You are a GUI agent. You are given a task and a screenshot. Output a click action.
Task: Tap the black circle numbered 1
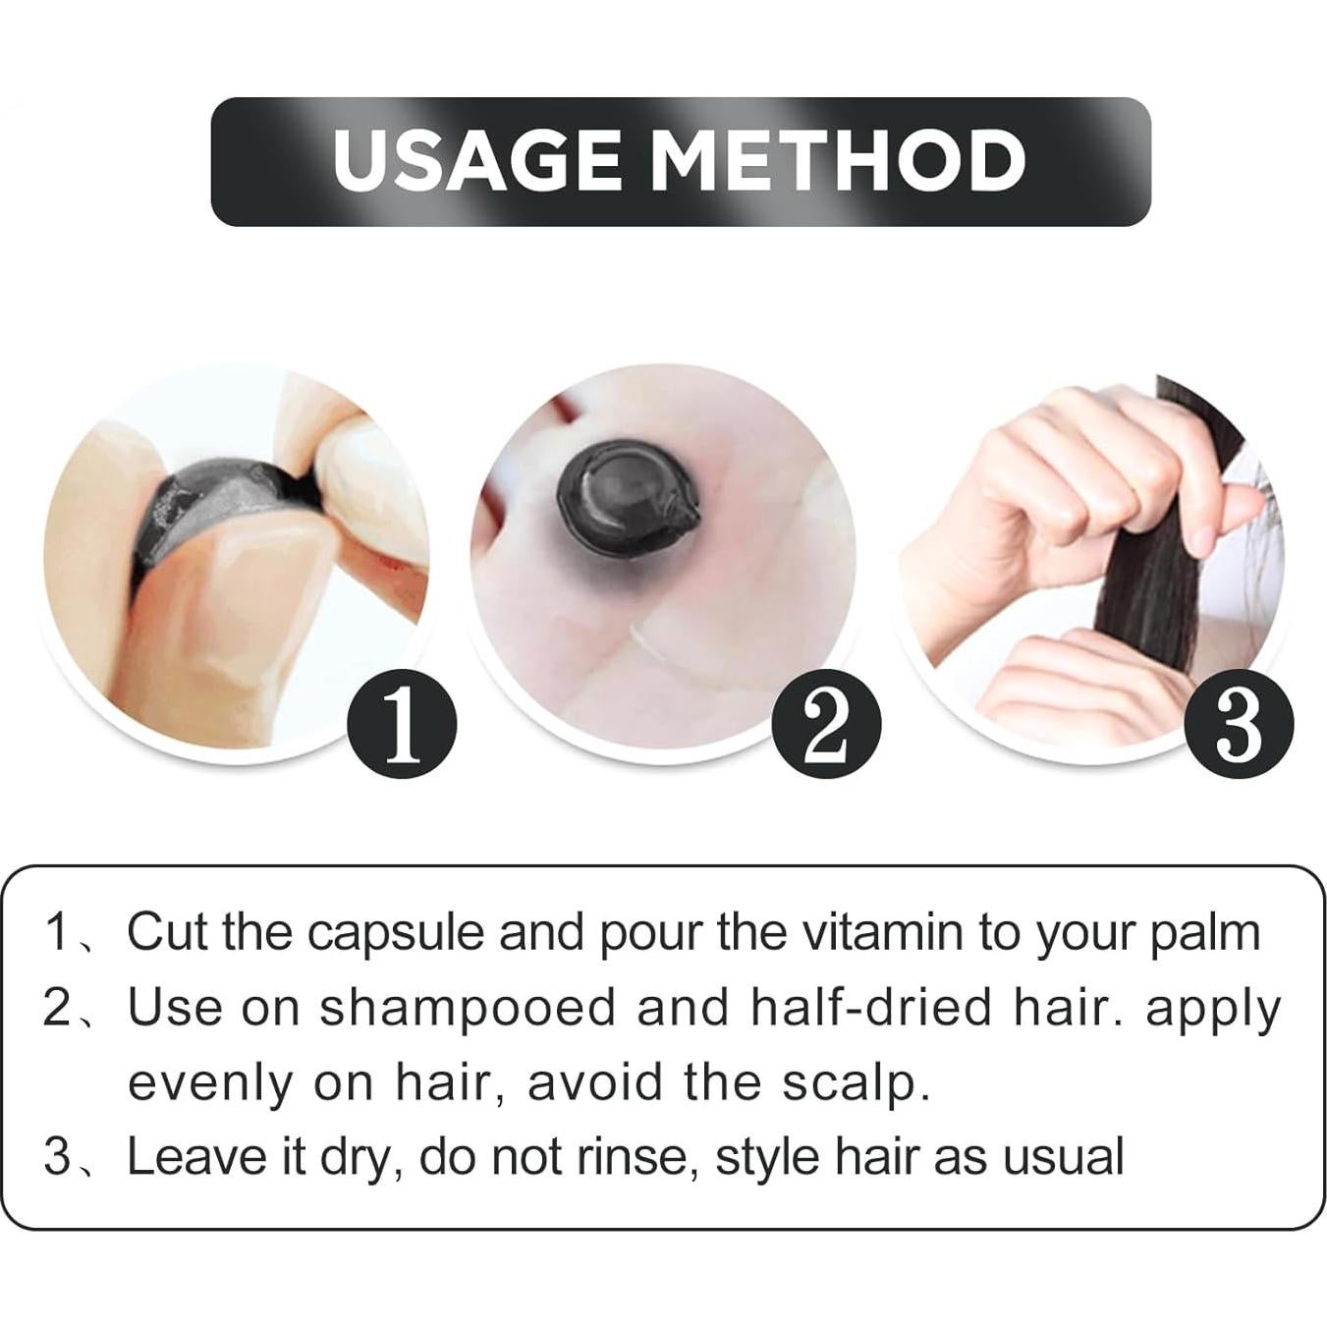click(402, 724)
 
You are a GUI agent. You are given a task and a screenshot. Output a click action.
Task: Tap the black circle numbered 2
click(826, 724)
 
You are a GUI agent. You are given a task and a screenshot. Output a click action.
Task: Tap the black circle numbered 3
click(1239, 724)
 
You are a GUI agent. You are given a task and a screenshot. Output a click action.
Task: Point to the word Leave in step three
click(195, 1157)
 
